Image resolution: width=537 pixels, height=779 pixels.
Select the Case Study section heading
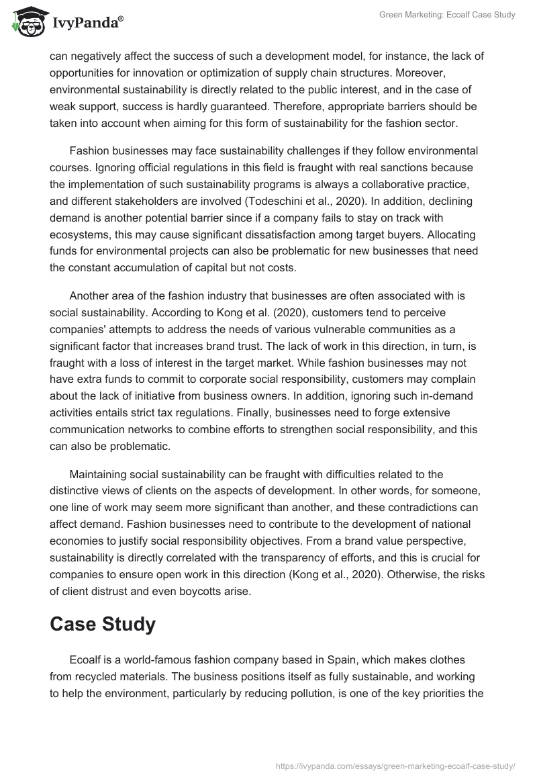(x=103, y=624)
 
